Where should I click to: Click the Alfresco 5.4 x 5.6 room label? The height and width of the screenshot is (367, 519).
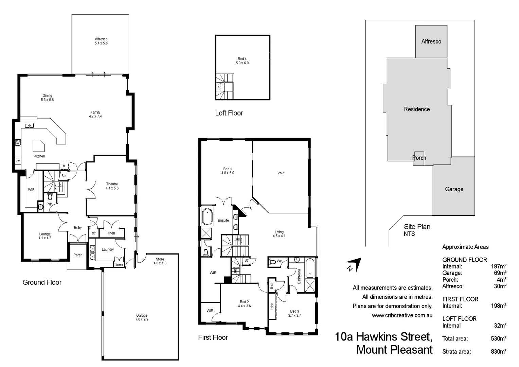[101, 41]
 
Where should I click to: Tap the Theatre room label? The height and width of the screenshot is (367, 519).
[112, 186]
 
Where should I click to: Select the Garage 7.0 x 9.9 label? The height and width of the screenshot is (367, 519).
[142, 317]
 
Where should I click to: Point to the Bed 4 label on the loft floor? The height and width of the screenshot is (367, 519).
[242, 61]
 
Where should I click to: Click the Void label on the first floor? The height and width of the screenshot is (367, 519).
[281, 173]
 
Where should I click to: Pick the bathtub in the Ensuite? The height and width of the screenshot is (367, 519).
[207, 217]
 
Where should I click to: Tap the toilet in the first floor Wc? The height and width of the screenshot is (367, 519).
[272, 262]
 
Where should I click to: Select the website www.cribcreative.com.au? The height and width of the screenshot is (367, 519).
[402, 315]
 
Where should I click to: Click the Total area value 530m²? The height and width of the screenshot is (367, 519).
[498, 338]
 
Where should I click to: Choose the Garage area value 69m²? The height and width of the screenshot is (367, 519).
[500, 273]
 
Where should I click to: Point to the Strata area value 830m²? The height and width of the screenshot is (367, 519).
[498, 352]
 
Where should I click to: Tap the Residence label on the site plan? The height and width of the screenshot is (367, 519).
[417, 109]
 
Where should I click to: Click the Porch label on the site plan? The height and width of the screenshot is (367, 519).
[419, 158]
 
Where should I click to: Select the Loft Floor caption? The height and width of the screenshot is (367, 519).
[229, 113]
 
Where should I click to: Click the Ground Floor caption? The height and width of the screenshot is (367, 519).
[42, 282]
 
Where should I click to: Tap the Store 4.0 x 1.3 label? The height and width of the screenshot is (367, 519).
[160, 261]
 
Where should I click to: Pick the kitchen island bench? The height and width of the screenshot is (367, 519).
[38, 146]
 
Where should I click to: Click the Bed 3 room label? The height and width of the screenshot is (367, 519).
[294, 313]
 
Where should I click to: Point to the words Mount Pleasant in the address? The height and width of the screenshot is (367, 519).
[394, 350]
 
